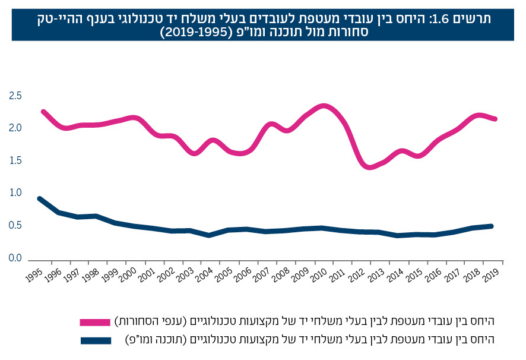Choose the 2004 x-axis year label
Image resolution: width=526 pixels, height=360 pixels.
(204, 274)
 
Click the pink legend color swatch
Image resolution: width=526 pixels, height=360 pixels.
(95, 322)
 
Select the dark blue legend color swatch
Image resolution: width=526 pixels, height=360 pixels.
(95, 340)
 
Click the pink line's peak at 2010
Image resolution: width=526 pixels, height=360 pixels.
(324, 106)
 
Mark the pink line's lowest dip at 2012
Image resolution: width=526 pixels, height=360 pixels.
(370, 167)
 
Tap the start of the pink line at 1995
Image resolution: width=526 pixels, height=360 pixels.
(43, 111)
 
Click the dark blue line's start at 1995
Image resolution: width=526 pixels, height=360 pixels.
(40, 199)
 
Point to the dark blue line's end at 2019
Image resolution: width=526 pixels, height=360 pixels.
(492, 226)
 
